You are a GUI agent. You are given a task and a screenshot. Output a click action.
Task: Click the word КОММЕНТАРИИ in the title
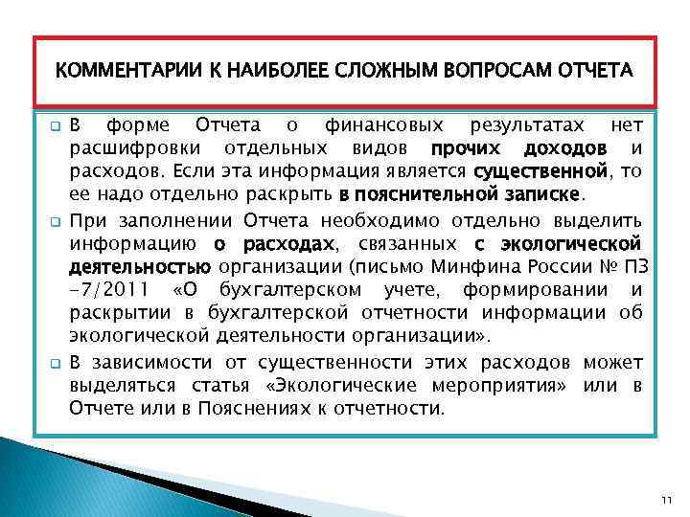pyautogui.click(x=114, y=72)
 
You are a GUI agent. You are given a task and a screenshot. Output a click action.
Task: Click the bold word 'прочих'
pyautogui.click(x=463, y=149)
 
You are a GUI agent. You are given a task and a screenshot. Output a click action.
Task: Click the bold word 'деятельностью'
pyautogui.click(x=140, y=265)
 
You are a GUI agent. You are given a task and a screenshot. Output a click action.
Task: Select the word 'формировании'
pyautogui.click(x=532, y=289)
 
